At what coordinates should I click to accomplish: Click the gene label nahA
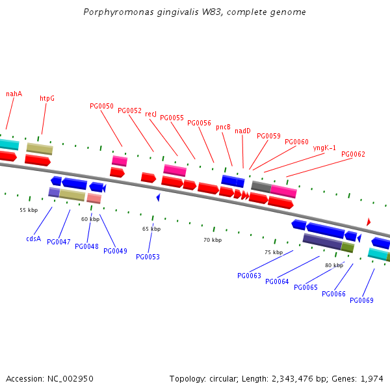pos(14,94)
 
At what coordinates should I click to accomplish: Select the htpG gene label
pos(47,98)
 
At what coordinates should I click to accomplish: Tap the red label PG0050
pos(101,106)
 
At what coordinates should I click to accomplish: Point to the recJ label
pos(151,114)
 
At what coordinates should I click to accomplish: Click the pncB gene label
pos(224,127)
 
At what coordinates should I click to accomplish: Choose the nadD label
pos(242,131)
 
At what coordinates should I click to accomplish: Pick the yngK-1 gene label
pos(324,148)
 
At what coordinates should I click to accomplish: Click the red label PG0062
pos(353,154)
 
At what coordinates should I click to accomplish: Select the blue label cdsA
pos(33,239)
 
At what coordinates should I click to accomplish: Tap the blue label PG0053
pos(148,257)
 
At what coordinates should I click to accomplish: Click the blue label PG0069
pos(361,300)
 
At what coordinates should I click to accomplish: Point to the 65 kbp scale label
pos(151,229)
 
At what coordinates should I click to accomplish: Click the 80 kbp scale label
pos(334,265)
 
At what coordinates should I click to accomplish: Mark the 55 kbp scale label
pos(29,210)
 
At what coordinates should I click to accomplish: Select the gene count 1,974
pos(370,378)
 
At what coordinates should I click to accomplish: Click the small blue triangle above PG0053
pos(158,197)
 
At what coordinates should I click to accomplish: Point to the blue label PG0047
pos(58,242)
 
